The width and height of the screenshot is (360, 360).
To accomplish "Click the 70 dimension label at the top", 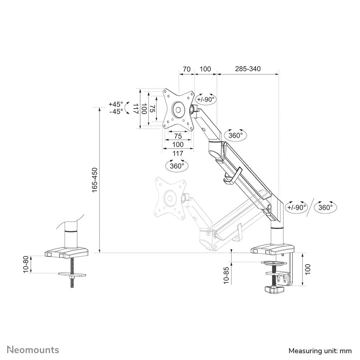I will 186,68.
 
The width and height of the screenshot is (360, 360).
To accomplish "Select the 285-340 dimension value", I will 248,68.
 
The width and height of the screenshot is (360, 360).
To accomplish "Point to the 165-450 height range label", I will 94,180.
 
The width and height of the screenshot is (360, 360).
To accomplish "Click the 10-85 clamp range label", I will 226,275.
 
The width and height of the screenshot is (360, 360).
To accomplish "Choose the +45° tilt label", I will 115,104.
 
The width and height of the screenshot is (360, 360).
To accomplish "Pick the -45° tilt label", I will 115,111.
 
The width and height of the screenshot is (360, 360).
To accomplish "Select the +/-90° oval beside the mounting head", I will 206,99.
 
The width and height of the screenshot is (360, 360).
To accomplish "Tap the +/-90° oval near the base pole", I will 297,207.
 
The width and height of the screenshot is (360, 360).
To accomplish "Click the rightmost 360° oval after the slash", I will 326,207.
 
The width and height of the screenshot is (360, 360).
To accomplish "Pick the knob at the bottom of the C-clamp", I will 275,289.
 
